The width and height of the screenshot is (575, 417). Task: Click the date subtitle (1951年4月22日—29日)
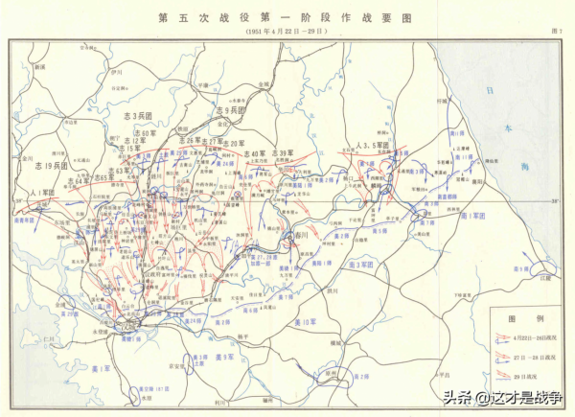(x=285, y=32)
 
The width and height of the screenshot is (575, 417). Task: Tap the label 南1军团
(x=471, y=218)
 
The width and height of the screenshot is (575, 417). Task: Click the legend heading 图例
(x=519, y=317)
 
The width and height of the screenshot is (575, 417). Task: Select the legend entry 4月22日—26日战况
(x=537, y=338)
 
